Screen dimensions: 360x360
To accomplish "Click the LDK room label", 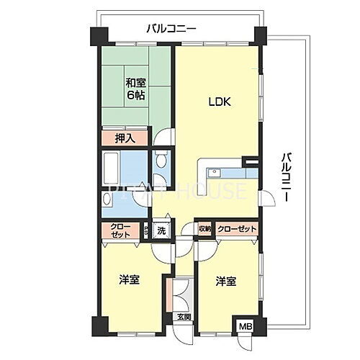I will (x=219, y=102).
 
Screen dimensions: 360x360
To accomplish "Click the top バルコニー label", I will (x=171, y=29).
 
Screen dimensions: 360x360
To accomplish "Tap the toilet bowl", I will (x=161, y=163).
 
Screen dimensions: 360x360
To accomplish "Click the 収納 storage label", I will (x=204, y=229).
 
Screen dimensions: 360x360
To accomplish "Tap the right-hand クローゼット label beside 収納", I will (x=237, y=229).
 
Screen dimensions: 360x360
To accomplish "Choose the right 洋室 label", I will (x=226, y=282).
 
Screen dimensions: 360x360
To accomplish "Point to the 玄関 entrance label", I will (x=184, y=316).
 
